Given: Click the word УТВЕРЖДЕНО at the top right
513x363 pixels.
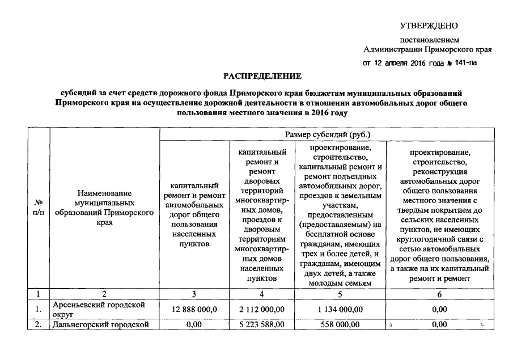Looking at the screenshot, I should tap(429, 26).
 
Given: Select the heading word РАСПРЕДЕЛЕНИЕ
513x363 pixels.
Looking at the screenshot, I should tap(262, 75).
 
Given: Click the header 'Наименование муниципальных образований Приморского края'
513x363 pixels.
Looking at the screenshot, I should tap(105, 208).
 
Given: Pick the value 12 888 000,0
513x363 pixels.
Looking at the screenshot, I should tap(194, 309).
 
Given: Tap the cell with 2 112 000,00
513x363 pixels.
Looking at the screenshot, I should tap(261, 309).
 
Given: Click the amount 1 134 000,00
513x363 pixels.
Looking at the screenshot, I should tap(338, 309).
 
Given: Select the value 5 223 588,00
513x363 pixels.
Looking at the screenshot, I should tap(261, 324).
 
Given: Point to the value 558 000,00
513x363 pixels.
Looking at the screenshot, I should tap(338, 324).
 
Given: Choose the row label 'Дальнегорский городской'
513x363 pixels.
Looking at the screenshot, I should tap(100, 324).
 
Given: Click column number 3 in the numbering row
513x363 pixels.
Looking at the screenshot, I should tap(194, 294).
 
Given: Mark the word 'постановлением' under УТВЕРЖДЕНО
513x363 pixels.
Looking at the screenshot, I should tap(429, 40).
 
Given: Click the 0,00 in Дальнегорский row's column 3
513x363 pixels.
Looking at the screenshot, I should tap(194, 324).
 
